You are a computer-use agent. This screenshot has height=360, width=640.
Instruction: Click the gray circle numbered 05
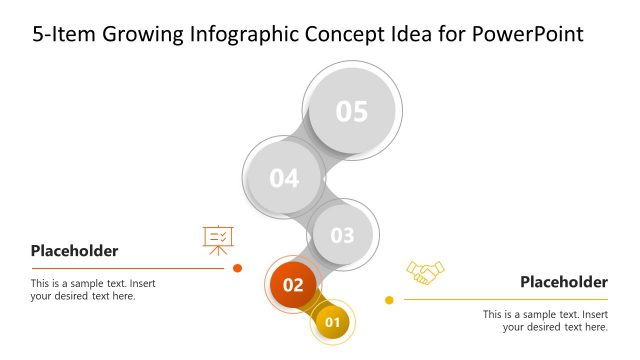pyautogui.click(x=352, y=111)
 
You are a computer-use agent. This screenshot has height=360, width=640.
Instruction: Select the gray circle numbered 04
pyautogui.click(x=284, y=178)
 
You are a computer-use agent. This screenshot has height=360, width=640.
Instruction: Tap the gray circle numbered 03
pyautogui.click(x=342, y=235)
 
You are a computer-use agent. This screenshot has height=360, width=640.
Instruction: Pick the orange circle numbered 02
pyautogui.click(x=292, y=285)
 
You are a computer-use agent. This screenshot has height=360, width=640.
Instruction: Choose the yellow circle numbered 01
pyautogui.click(x=333, y=322)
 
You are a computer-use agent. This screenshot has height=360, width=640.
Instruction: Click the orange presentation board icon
pyautogui.click(x=218, y=239)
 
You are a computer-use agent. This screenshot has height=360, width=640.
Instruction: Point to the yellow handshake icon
pyautogui.click(x=425, y=272)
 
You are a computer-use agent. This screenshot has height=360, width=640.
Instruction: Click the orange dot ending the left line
pyautogui.click(x=237, y=268)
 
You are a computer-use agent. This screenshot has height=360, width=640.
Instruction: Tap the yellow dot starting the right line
pyautogui.click(x=389, y=300)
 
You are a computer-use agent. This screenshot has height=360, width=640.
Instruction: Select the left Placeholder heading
pyautogui.click(x=74, y=251)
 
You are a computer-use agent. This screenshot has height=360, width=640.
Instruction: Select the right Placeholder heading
pyautogui.click(x=563, y=282)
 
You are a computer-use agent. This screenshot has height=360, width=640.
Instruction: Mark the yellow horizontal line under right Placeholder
pyautogui.click(x=505, y=299)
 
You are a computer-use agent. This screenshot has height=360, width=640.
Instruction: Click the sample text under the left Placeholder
pyautogui.click(x=93, y=290)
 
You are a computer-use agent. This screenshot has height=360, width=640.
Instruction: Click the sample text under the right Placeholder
pyautogui.click(x=545, y=320)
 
